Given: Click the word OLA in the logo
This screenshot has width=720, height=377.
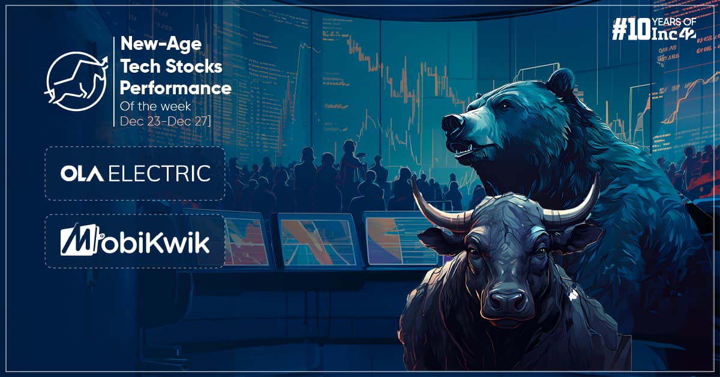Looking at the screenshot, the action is (82, 173).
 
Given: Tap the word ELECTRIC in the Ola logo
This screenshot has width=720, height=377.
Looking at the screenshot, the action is (160, 173).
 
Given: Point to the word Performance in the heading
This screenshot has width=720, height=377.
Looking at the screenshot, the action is (175, 88).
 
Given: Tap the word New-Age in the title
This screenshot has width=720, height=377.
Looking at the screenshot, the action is (161, 44).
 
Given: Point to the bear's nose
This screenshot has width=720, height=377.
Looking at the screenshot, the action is (452, 122).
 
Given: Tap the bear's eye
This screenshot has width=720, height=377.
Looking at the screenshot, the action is (505, 105).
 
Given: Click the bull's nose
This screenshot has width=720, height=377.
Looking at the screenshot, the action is (507, 300).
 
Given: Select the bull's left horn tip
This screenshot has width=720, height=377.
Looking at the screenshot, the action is (413, 177).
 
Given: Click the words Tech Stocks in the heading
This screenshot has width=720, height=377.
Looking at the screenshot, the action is (172, 66).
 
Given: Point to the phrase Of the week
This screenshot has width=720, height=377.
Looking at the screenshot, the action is (155, 106).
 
